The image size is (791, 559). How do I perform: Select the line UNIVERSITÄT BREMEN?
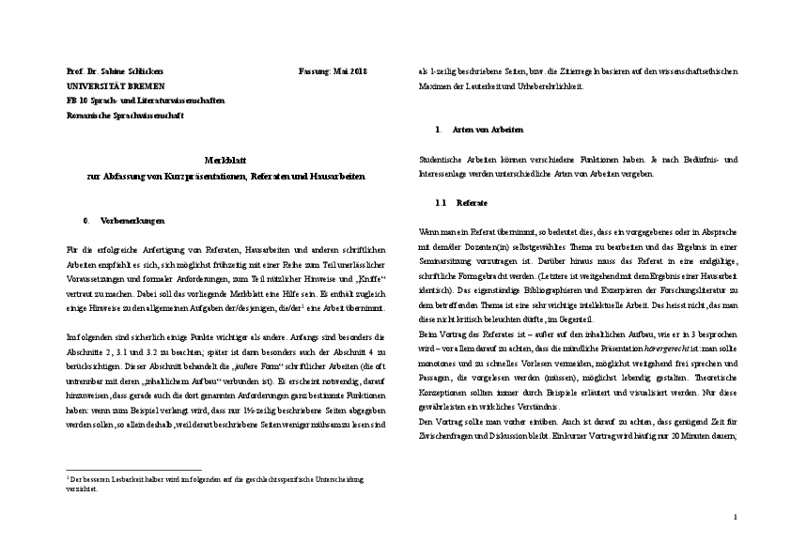[x=101, y=86]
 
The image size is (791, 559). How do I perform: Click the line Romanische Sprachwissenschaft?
[x=119, y=115]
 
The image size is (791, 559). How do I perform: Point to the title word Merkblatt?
[x=225, y=162]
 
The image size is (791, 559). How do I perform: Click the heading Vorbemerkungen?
[x=132, y=221]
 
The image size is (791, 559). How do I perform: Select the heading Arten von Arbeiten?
[x=489, y=129]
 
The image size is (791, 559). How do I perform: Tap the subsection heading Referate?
[x=472, y=203]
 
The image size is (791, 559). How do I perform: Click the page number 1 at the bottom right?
[x=736, y=518]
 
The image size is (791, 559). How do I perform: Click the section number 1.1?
[x=441, y=203]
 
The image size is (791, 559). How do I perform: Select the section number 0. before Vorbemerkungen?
[x=86, y=221]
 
